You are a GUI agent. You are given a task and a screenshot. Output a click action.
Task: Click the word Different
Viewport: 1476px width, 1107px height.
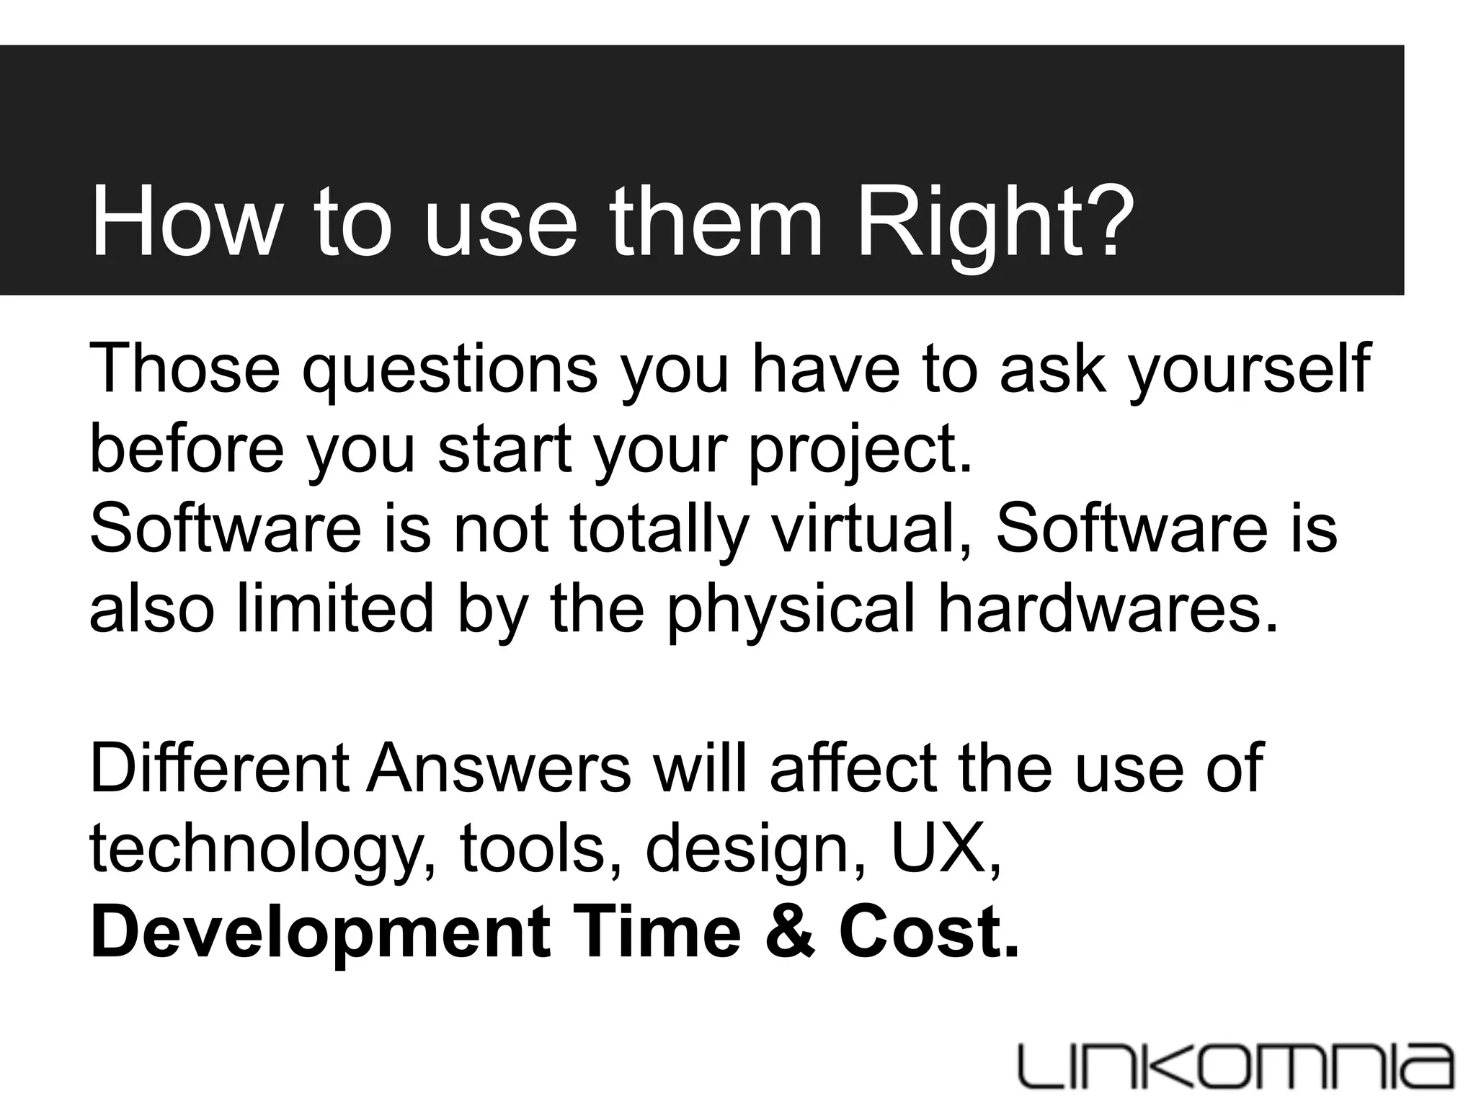pyautogui.click(x=219, y=770)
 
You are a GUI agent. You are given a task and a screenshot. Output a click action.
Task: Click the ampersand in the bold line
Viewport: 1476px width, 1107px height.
pyautogui.click(x=791, y=931)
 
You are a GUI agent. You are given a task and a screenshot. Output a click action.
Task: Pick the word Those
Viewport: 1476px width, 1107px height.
pyautogui.click(x=184, y=369)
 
